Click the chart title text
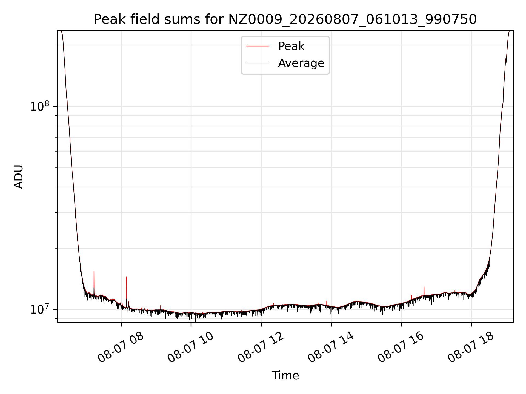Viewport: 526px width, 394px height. click(285, 19)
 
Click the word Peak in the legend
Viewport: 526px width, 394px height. click(291, 46)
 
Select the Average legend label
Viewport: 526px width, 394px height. click(301, 63)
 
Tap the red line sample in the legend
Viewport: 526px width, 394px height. click(257, 46)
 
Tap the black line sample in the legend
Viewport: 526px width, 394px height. click(257, 63)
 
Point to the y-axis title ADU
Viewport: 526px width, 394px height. click(19, 177)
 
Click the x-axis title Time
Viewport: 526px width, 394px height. click(285, 375)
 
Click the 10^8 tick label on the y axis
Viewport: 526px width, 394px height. click(39, 106)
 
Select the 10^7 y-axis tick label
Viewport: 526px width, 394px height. click(39, 309)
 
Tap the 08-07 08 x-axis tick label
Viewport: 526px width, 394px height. click(121, 347)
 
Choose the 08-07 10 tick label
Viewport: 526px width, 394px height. click(191, 347)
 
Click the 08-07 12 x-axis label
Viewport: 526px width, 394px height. click(261, 347)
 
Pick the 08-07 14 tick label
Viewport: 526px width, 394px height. click(331, 347)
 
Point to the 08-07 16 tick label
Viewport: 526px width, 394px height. click(401, 347)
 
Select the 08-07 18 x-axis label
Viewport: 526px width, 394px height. click(471, 347)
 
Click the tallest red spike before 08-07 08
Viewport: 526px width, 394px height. click(94, 282)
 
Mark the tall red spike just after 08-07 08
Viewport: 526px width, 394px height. click(126, 290)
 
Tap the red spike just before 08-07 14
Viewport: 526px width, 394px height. click(326, 303)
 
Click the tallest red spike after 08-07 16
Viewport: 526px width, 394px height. click(424, 291)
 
